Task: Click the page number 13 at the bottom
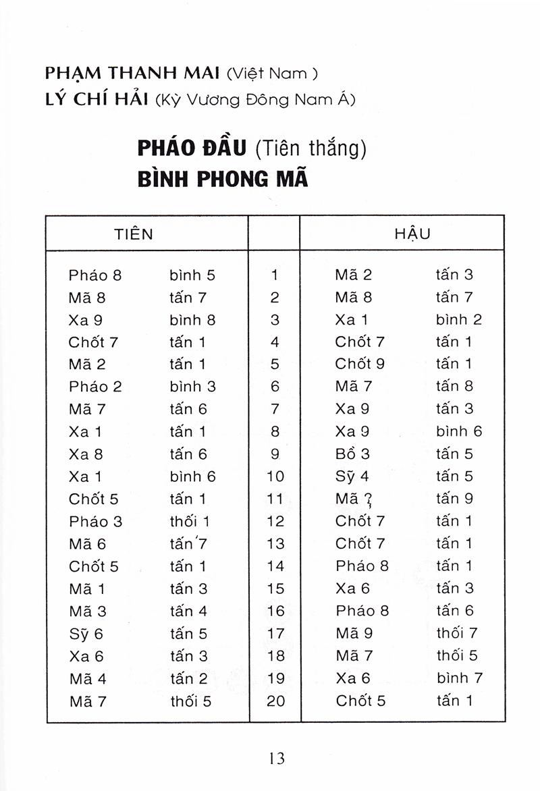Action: tap(276, 758)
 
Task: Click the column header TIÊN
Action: tap(134, 234)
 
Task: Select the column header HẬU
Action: tap(412, 234)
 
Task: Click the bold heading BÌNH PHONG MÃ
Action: tap(222, 180)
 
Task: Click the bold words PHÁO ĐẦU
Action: tap(192, 148)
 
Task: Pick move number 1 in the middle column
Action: tap(275, 275)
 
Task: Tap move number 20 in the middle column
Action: tap(276, 701)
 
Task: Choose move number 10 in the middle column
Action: tap(275, 476)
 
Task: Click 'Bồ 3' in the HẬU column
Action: tap(352, 454)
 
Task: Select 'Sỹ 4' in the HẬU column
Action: tap(352, 476)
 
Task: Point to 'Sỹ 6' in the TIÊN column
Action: tap(86, 634)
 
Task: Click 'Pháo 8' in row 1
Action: tap(94, 275)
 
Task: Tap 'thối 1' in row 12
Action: tap(190, 521)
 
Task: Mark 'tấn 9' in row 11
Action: tap(454, 499)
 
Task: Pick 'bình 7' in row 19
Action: tap(459, 678)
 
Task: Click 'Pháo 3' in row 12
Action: tap(95, 521)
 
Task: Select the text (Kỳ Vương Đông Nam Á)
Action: tap(254, 100)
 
